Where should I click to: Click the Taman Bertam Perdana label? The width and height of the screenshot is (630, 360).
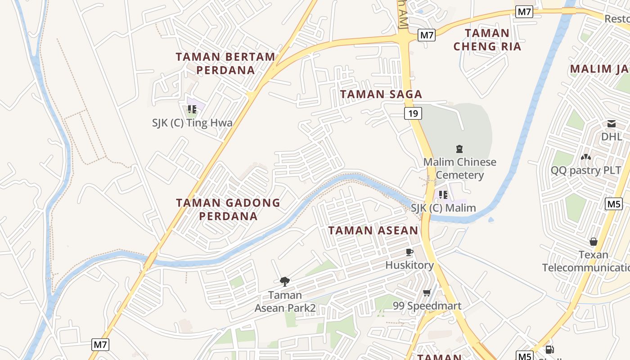(225, 63)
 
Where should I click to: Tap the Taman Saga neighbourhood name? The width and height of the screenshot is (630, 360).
(381, 94)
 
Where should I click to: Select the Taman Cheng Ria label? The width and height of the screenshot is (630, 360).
(487, 40)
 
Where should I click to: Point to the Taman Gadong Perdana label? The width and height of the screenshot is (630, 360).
(228, 209)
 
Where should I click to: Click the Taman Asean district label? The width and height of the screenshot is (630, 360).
(373, 230)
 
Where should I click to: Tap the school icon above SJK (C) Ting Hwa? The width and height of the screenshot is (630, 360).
(192, 109)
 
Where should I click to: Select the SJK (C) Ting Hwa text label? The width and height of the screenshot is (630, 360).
(192, 123)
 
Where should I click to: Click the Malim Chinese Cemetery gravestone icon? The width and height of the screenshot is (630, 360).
(459, 148)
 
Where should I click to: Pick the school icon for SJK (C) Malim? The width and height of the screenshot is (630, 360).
(443, 195)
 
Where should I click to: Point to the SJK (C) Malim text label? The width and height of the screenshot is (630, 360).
(443, 208)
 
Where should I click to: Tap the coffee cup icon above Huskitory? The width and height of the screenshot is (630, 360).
(409, 252)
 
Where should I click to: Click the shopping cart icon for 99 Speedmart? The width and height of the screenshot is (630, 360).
(427, 293)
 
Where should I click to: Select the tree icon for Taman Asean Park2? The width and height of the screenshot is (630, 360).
(285, 282)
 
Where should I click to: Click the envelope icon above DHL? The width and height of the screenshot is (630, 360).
(611, 124)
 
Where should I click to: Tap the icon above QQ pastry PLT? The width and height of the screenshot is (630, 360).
(585, 157)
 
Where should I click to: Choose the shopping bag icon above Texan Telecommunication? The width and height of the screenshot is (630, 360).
(594, 242)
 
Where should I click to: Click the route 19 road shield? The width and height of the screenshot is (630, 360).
(413, 113)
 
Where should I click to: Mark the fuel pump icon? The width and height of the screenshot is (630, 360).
(549, 349)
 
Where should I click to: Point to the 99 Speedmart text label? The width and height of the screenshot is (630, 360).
(427, 306)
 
